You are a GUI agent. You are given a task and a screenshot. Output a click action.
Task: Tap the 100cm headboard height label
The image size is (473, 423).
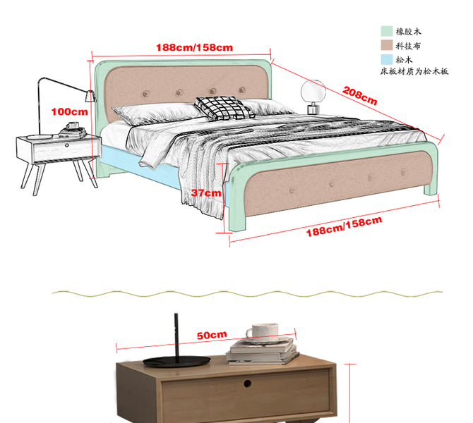69,111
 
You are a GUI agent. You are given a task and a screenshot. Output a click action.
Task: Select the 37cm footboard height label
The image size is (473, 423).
206,192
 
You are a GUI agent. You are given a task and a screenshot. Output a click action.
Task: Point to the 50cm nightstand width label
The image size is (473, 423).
211,335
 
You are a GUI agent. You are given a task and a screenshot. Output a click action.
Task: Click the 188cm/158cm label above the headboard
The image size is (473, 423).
194,47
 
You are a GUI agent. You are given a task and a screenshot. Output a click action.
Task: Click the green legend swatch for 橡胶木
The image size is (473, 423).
386,32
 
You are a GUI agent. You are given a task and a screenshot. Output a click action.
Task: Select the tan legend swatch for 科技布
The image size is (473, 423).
386,46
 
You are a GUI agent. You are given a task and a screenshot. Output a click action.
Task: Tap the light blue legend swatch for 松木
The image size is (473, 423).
386,60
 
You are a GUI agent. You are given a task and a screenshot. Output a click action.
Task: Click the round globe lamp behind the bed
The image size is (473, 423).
312,92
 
